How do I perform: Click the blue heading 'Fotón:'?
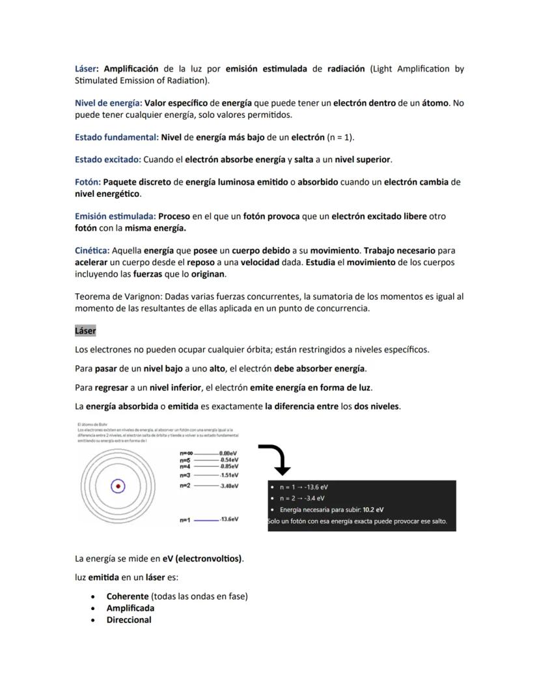(87, 182)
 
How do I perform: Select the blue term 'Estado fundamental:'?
(116, 138)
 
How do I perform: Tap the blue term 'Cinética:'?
(92, 250)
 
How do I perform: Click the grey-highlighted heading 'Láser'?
(85, 330)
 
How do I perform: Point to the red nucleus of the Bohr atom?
(118, 486)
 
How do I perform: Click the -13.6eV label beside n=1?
(228, 519)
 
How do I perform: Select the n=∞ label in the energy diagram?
(186, 453)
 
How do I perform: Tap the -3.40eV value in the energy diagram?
(228, 486)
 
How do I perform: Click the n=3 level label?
(185, 475)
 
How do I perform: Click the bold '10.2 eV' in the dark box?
(373, 510)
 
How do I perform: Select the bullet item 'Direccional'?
(129, 620)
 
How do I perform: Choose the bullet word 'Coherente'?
(128, 596)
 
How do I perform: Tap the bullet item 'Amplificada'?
(130, 608)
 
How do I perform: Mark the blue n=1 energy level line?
(206, 520)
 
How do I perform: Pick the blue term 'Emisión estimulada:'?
(115, 216)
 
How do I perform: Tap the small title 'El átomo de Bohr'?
(88, 425)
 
